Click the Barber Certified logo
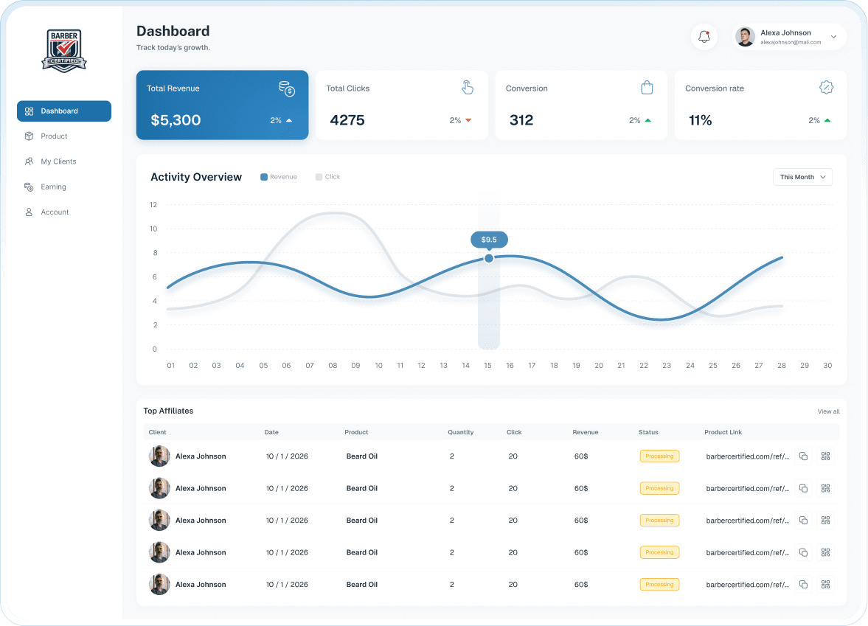(x=64, y=50)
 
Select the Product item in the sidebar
(x=54, y=136)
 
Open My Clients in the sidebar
(x=58, y=161)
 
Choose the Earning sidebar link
(x=53, y=187)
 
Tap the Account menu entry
(x=55, y=212)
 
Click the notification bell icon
(x=704, y=37)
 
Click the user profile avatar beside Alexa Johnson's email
(x=746, y=37)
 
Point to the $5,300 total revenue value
(x=176, y=120)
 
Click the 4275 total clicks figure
(x=347, y=120)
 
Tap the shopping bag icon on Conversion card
(x=647, y=88)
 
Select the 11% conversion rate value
(x=700, y=120)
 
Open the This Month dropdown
(x=802, y=177)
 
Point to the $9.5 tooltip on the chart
(x=489, y=240)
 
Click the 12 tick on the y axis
(x=153, y=205)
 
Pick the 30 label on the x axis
(x=827, y=366)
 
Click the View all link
(x=828, y=411)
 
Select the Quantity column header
(x=460, y=432)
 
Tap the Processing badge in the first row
(x=659, y=456)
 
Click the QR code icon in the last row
(x=825, y=585)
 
